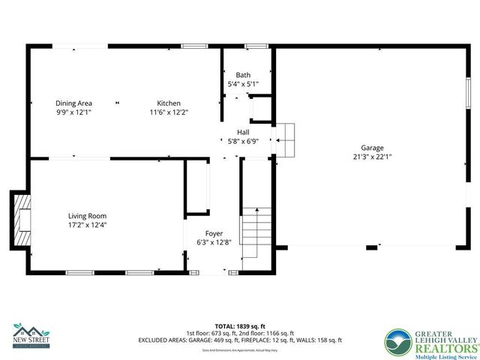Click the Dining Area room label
73,103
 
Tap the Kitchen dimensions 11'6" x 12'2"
168,112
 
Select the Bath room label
243,75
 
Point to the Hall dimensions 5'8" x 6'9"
243,140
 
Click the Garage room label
372,148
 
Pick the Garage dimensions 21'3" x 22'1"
372,157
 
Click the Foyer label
215,233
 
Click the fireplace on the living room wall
22,219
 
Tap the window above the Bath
257,46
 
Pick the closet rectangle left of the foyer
198,187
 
